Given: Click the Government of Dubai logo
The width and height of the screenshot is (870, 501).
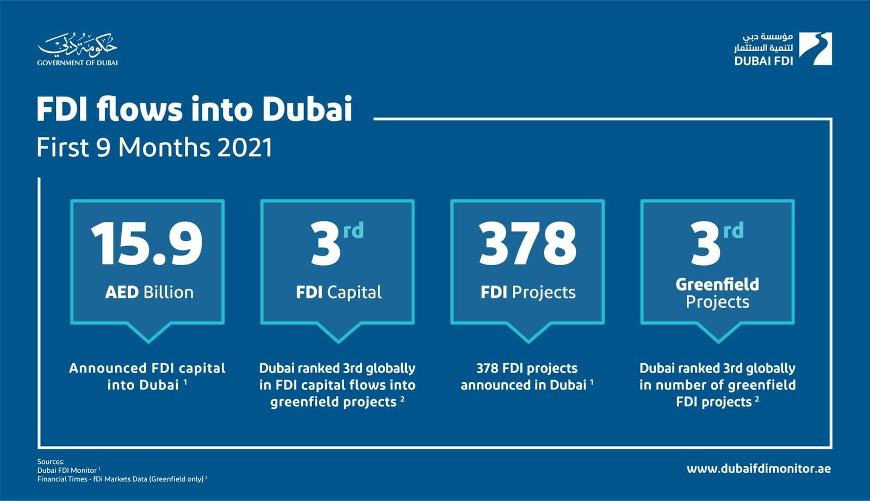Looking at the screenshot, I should (77, 49).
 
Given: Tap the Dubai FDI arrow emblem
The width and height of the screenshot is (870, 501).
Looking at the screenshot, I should (816, 48).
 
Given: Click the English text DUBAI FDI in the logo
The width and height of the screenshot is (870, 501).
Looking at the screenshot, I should (763, 61).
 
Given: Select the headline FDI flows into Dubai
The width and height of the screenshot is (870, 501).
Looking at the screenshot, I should (194, 109).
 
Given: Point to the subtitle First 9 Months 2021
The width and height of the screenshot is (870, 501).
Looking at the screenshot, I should (154, 148).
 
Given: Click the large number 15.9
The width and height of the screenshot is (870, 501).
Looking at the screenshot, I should (147, 244).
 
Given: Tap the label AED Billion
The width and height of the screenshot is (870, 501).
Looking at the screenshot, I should (149, 292).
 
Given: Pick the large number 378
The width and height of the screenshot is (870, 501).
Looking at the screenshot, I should (527, 244).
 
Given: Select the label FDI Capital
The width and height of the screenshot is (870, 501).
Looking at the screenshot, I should (338, 292).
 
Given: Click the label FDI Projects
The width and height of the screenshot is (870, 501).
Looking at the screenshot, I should (527, 292).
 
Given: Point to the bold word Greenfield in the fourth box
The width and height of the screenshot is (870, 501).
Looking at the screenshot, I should (717, 284).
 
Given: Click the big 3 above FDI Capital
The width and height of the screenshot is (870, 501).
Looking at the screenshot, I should (326, 245).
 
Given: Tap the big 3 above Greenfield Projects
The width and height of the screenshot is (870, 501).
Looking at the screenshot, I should (706, 245).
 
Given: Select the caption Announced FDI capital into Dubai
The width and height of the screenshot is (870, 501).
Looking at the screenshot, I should (147, 376).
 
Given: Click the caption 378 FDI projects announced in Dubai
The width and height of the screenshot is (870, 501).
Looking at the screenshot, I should (526, 376).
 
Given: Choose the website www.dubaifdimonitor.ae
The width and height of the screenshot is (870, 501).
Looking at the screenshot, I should (759, 469).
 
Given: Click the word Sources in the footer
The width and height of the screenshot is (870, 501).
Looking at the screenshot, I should (51, 462).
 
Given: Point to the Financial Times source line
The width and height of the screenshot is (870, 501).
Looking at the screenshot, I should (121, 479).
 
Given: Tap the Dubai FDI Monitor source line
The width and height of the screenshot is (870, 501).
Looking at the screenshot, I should (67, 471).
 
